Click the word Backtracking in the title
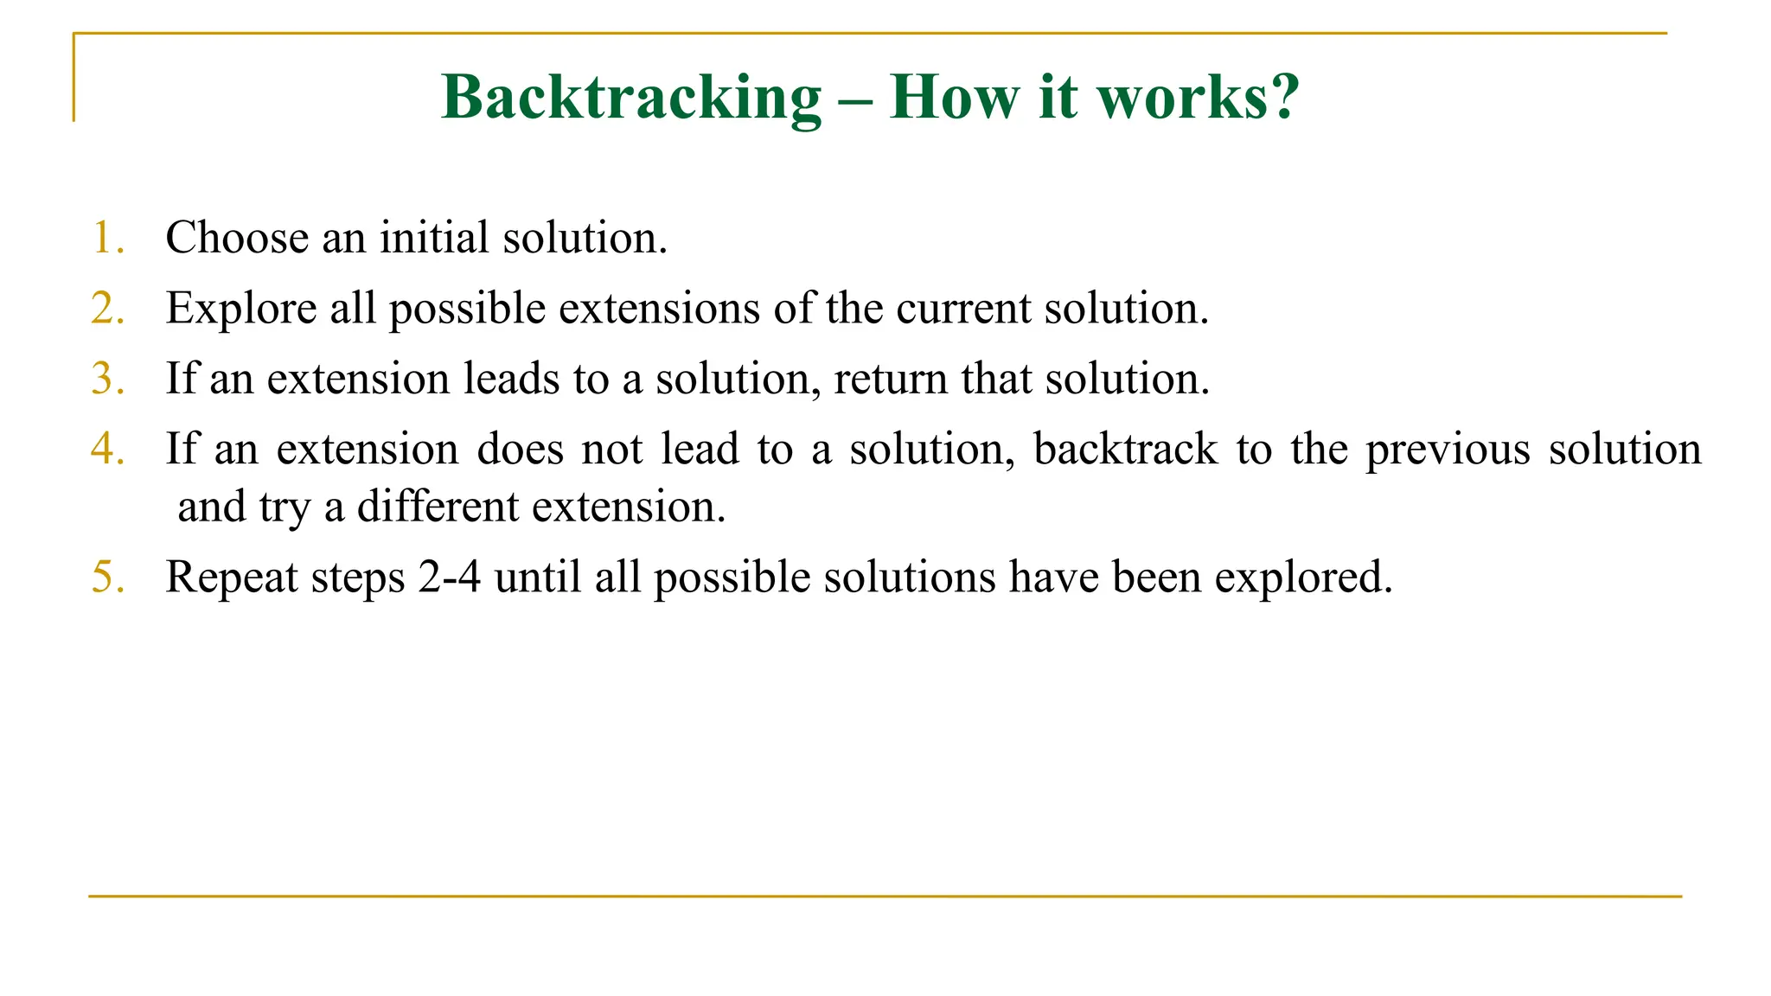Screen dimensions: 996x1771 pos(631,97)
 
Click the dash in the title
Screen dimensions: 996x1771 pos(855,99)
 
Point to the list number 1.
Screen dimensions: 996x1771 pos(106,238)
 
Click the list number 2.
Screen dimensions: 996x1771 pos(106,309)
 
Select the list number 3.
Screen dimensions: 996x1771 pos(106,380)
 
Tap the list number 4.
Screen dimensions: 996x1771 pos(106,450)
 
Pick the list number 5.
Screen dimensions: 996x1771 pos(106,577)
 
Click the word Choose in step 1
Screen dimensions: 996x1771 pos(237,238)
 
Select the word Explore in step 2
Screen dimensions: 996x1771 pos(241,309)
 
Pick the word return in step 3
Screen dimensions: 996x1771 pos(890,380)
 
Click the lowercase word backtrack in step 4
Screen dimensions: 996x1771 pos(1125,450)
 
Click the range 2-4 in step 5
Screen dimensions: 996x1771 pos(449,577)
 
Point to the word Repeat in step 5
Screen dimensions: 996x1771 pos(231,578)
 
